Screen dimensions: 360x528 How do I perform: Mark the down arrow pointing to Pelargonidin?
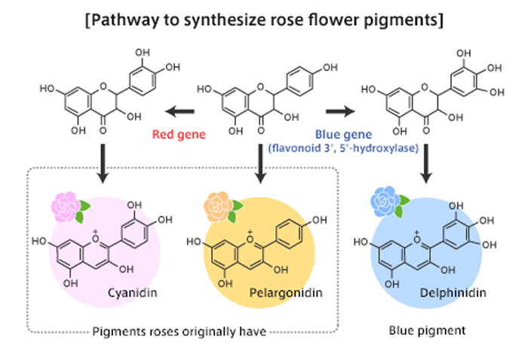click(x=260, y=167)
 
